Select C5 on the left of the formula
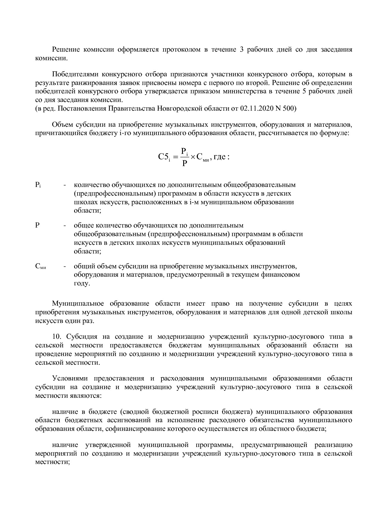tap(164, 157)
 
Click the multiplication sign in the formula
tap(193, 157)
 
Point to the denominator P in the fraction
tap(185, 163)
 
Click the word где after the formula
tap(219, 157)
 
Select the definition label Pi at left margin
tap(38, 185)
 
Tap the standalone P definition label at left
tap(37, 225)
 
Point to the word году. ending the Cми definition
tap(82, 283)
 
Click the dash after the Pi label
tap(65, 185)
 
